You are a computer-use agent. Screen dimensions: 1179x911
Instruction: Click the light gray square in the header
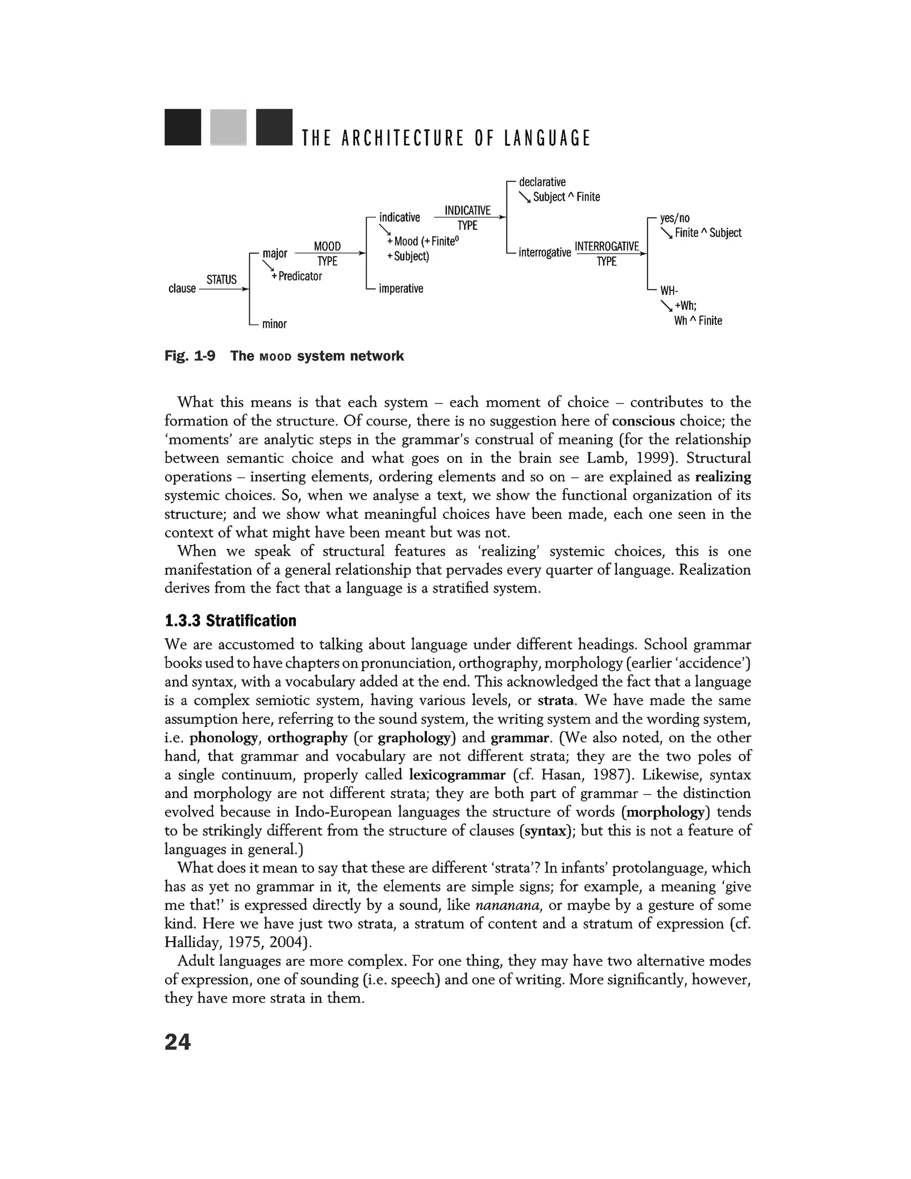pos(228,127)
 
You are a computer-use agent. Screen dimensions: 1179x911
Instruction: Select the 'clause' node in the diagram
pos(182,288)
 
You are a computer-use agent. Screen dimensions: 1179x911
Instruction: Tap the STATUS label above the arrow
pos(221,279)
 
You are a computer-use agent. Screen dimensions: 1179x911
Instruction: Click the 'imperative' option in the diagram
pos(401,288)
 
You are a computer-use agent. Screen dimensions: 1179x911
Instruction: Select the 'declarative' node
pos(542,182)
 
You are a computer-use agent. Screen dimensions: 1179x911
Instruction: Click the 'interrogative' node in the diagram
pos(544,252)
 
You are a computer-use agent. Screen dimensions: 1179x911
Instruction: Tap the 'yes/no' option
pos(675,218)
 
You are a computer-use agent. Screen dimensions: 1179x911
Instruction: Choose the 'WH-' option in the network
pos(669,291)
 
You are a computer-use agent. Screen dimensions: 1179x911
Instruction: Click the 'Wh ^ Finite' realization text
pos(698,321)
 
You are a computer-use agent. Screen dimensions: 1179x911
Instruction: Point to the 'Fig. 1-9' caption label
pos(189,356)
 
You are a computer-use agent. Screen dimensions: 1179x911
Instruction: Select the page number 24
pos(177,1042)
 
